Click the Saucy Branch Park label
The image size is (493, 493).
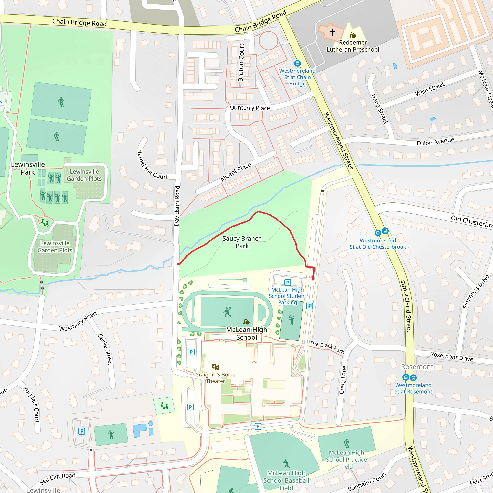pos(242,242)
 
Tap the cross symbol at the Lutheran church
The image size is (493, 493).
pos(332,32)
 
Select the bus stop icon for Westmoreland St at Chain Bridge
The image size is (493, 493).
pos(297,63)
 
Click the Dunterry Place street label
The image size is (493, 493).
pos(250,108)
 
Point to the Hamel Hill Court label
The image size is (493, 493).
pos(152,165)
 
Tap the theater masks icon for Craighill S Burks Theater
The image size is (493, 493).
pos(215,367)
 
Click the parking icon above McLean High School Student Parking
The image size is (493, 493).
pos(287,282)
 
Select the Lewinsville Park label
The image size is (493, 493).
pos(28,168)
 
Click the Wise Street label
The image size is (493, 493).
pos(430,89)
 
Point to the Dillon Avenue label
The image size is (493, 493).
pos(435,141)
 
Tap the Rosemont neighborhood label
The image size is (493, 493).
pos(417,367)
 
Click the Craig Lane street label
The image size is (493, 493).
pos(343,380)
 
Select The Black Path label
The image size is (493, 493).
pos(327,347)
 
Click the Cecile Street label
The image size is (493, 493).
pos(105,349)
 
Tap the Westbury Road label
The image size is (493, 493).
pos(78,321)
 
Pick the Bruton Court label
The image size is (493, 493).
pos(241,62)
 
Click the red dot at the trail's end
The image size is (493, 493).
pos(313,279)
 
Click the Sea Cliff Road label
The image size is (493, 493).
pos(58,479)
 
